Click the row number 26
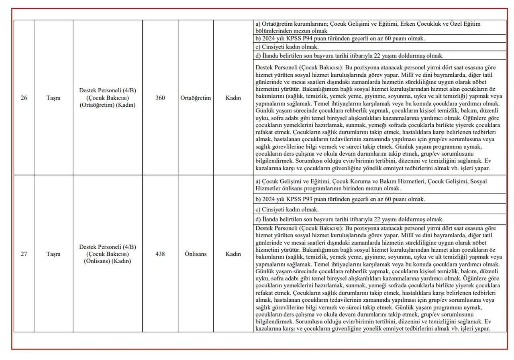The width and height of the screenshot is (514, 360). tap(24, 98)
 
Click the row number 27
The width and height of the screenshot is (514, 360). tap(24, 254)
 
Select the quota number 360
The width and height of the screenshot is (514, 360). tap(160, 98)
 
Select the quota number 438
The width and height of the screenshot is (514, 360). tap(160, 254)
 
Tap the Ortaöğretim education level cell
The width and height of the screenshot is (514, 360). tap(196, 98)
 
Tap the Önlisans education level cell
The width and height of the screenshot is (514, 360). tap(196, 254)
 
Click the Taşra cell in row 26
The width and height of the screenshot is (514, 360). tap(53, 98)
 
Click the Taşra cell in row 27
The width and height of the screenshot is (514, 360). tap(53, 254)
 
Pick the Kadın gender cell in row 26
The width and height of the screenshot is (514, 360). tap(233, 98)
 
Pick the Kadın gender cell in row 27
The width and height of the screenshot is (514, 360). tap(233, 254)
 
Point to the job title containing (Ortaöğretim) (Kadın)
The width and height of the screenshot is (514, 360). tap(107, 98)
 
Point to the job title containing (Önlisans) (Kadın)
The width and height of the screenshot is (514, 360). tap(107, 254)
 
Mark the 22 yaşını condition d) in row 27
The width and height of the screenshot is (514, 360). tap(349, 220)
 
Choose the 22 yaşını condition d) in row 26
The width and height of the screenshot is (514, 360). tap(349, 56)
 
